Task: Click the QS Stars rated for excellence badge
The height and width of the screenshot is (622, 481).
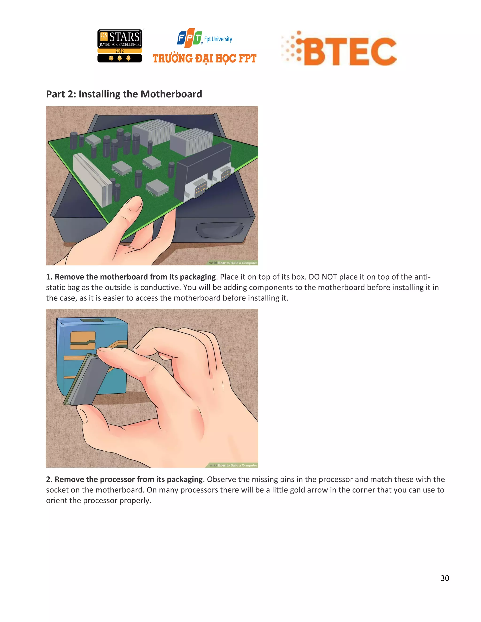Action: coord(120,46)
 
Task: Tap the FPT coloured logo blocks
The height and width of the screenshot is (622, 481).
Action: coord(190,38)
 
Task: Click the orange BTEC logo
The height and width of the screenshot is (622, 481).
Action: coord(339,49)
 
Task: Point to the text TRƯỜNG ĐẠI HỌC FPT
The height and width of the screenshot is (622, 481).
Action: coord(204,59)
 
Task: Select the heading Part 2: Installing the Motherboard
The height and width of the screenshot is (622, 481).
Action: coord(124,94)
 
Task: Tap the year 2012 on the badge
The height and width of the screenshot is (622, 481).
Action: coord(120,51)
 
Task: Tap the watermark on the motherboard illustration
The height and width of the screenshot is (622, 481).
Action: coord(233,263)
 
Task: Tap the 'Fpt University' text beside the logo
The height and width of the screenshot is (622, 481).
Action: coord(218,39)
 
